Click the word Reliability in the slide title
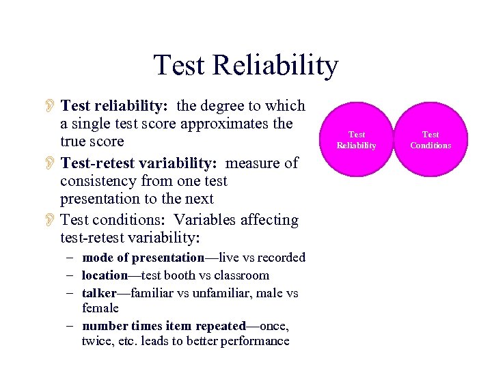[x=275, y=66]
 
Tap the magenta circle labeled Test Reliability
[x=357, y=140]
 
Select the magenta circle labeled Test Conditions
[x=430, y=140]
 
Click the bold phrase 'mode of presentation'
[x=143, y=258]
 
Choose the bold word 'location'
[x=105, y=275]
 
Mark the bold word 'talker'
[x=99, y=293]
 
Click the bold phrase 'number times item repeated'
[x=163, y=326]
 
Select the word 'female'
[x=100, y=308]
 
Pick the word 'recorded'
[x=279, y=258]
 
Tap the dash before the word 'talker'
[x=71, y=293]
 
